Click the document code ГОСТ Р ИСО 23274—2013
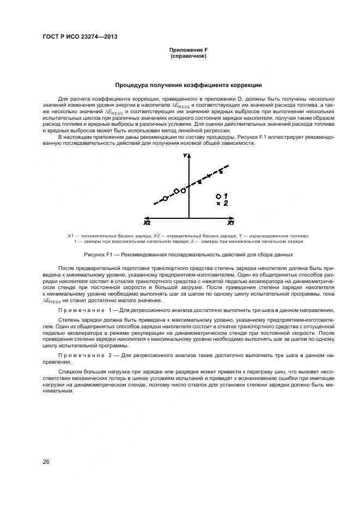(80, 37)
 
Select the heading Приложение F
(188, 51)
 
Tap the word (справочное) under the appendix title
(188, 56)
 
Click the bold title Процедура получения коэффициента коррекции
(188, 85)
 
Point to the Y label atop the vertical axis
(186, 156)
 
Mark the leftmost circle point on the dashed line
(166, 198)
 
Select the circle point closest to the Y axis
(184, 191)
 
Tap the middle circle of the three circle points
(176, 192)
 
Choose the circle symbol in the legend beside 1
(218, 195)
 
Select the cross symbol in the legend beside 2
(218, 203)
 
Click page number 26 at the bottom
(46, 462)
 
